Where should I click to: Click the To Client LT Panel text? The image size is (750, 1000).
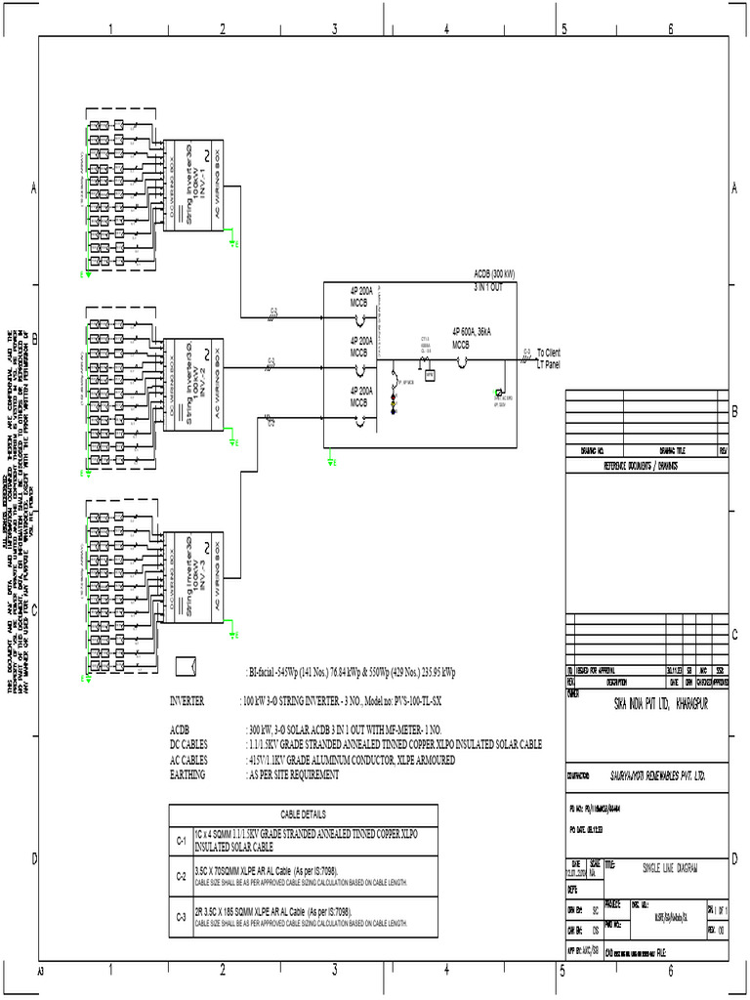(x=549, y=358)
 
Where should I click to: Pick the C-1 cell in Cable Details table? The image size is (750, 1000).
(x=181, y=841)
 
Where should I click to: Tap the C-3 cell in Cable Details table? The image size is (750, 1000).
(x=181, y=917)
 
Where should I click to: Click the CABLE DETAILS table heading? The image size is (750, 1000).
(x=304, y=814)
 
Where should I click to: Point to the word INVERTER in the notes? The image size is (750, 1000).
(x=187, y=701)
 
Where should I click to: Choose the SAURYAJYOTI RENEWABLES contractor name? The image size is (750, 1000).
(x=651, y=775)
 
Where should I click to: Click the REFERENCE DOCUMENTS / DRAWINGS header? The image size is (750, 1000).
(x=641, y=467)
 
